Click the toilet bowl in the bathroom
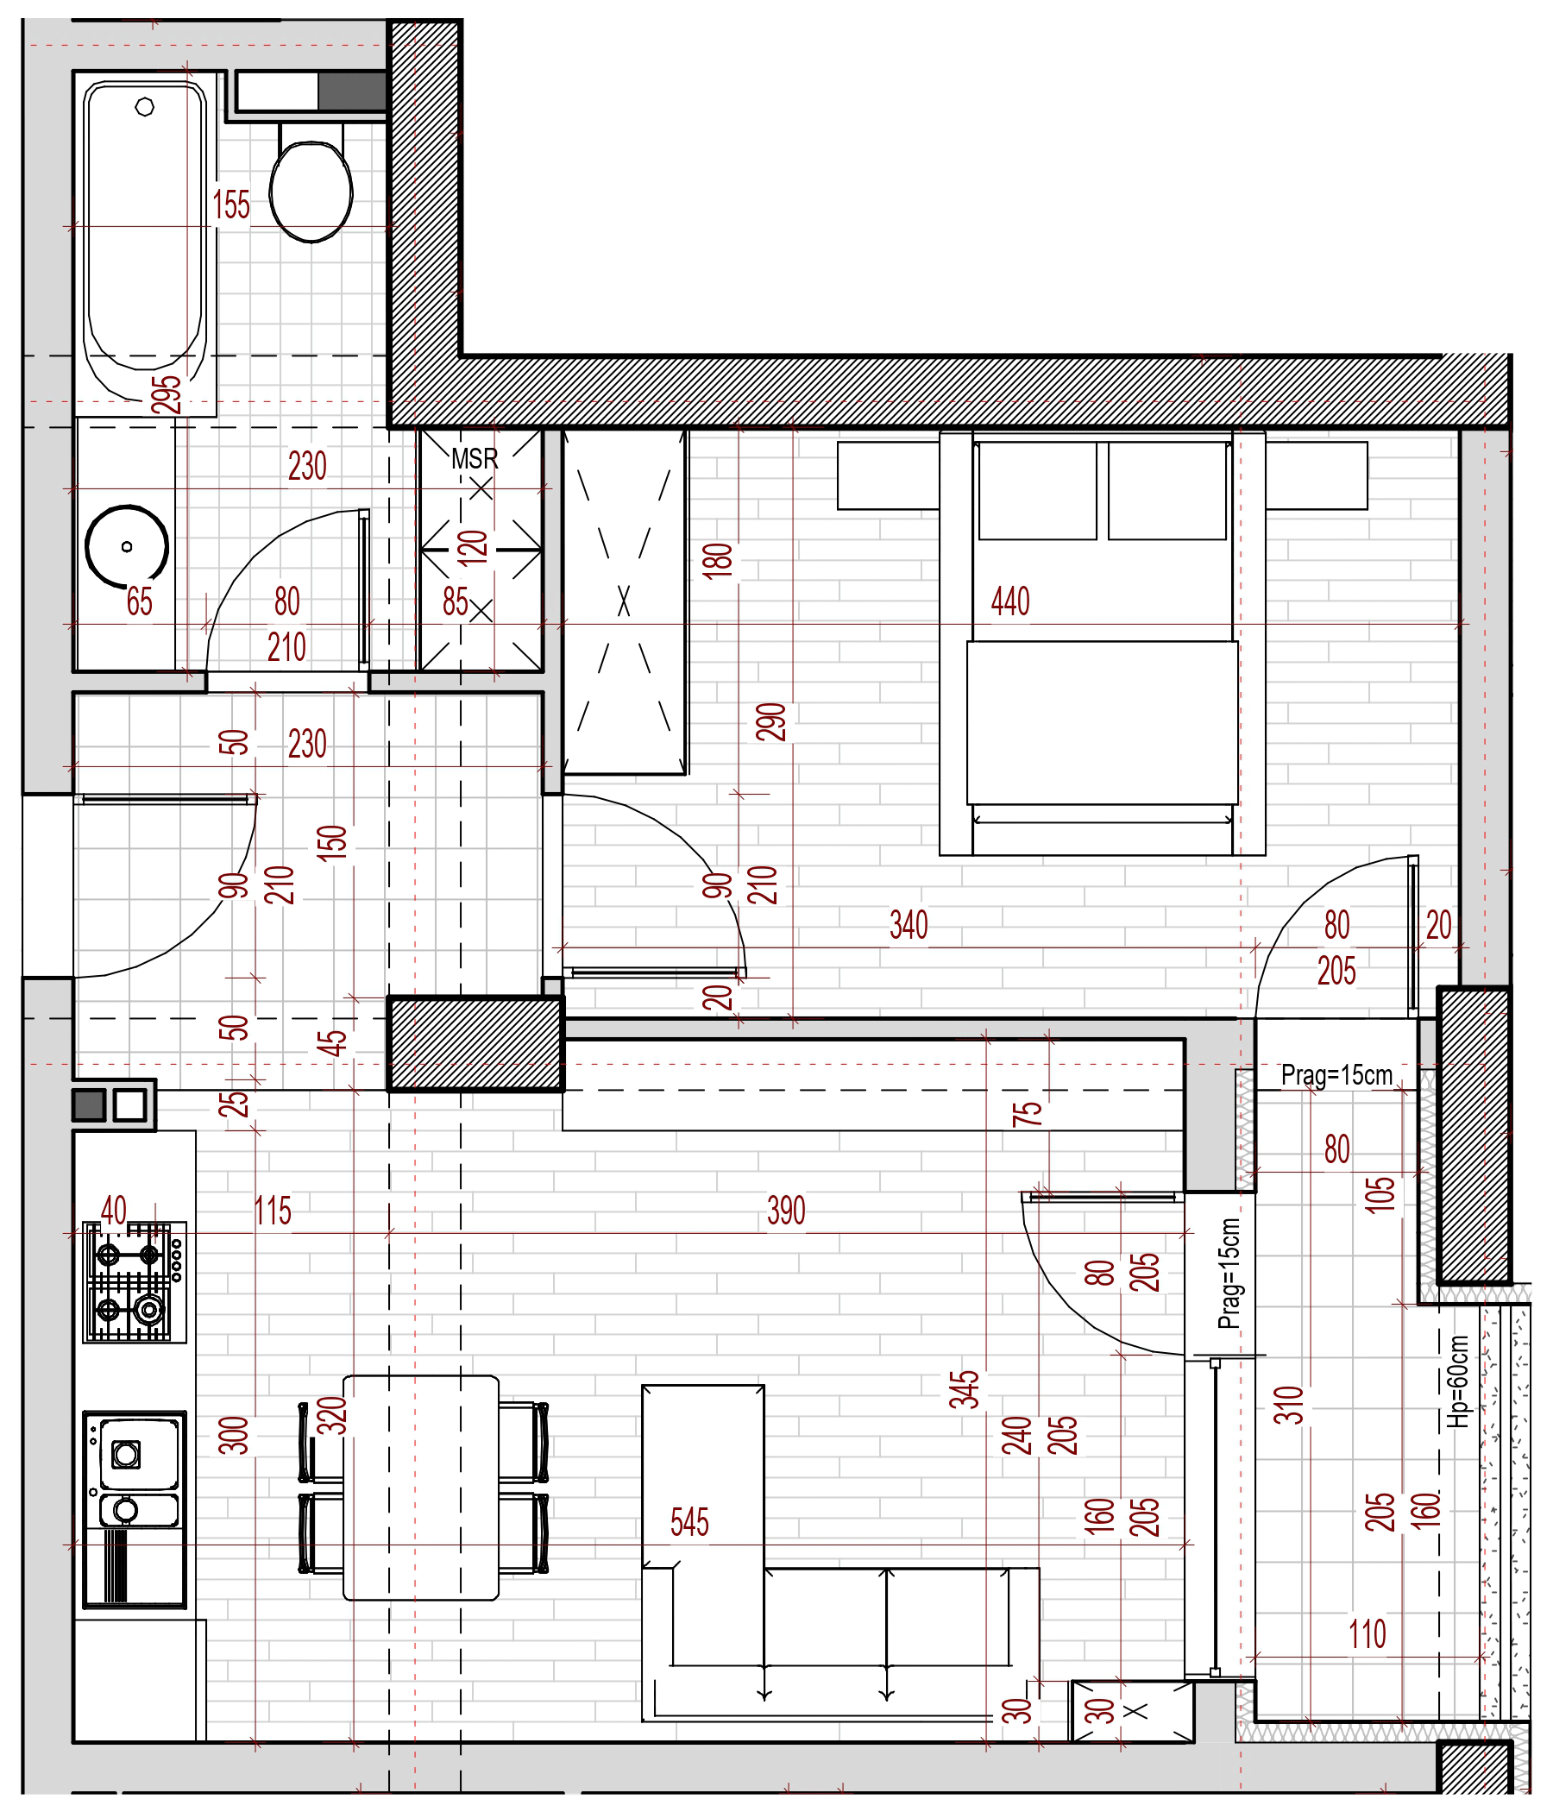click(311, 191)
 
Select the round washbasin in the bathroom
click(127, 546)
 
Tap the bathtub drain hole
click(145, 107)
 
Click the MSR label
click(474, 458)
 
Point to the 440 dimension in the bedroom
click(1010, 601)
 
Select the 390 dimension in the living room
click(786, 1211)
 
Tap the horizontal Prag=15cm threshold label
click(1336, 1075)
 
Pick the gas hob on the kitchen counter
click(135, 1282)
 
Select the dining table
click(421, 1488)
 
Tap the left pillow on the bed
click(1037, 490)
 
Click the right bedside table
click(1316, 475)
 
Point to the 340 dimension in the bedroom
click(909, 924)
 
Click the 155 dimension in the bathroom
click(231, 204)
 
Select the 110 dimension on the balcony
click(1367, 1633)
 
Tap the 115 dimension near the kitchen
click(272, 1211)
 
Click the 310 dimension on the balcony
click(1289, 1406)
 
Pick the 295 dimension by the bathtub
click(167, 393)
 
